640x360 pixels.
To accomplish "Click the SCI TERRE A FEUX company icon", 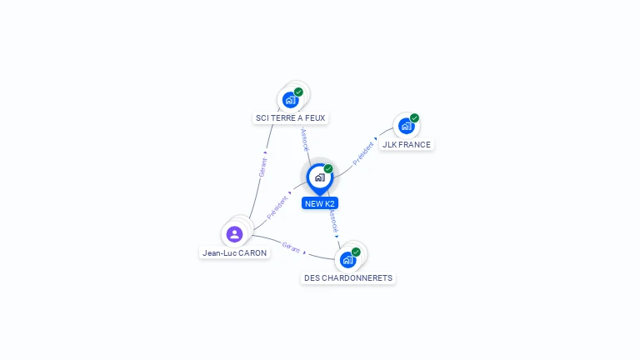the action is pos(290,100).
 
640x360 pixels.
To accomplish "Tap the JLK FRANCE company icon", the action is pos(406,126).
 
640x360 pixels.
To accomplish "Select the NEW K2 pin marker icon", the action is pos(320,179).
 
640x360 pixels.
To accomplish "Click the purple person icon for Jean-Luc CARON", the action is pos(235,234).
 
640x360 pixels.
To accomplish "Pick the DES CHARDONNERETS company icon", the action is pos(347,260).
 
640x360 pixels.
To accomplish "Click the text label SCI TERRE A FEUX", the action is pos(290,118).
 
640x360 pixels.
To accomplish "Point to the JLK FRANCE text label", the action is pos(407,144).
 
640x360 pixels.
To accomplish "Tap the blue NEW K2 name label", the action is pos(320,203).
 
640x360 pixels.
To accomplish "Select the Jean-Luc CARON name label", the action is pos(235,253).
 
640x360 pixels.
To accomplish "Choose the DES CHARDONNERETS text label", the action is pos(348,278).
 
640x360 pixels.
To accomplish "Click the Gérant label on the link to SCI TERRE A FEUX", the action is pos(262,167).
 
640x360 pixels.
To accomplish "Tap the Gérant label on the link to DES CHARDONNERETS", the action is pos(291,247).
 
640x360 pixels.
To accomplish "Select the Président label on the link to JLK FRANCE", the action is pos(362,153).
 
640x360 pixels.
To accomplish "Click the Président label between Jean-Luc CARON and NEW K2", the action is pos(277,207).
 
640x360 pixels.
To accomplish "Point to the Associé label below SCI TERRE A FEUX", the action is pos(305,140).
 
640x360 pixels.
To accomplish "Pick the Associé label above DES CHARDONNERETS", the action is pos(334,221).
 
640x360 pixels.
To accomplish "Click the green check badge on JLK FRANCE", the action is pos(415,118).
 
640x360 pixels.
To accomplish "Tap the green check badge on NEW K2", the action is pos(328,168).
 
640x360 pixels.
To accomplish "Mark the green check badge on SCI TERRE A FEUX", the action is pos(298,92).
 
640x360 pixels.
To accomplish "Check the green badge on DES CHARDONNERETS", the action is pos(356,252).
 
